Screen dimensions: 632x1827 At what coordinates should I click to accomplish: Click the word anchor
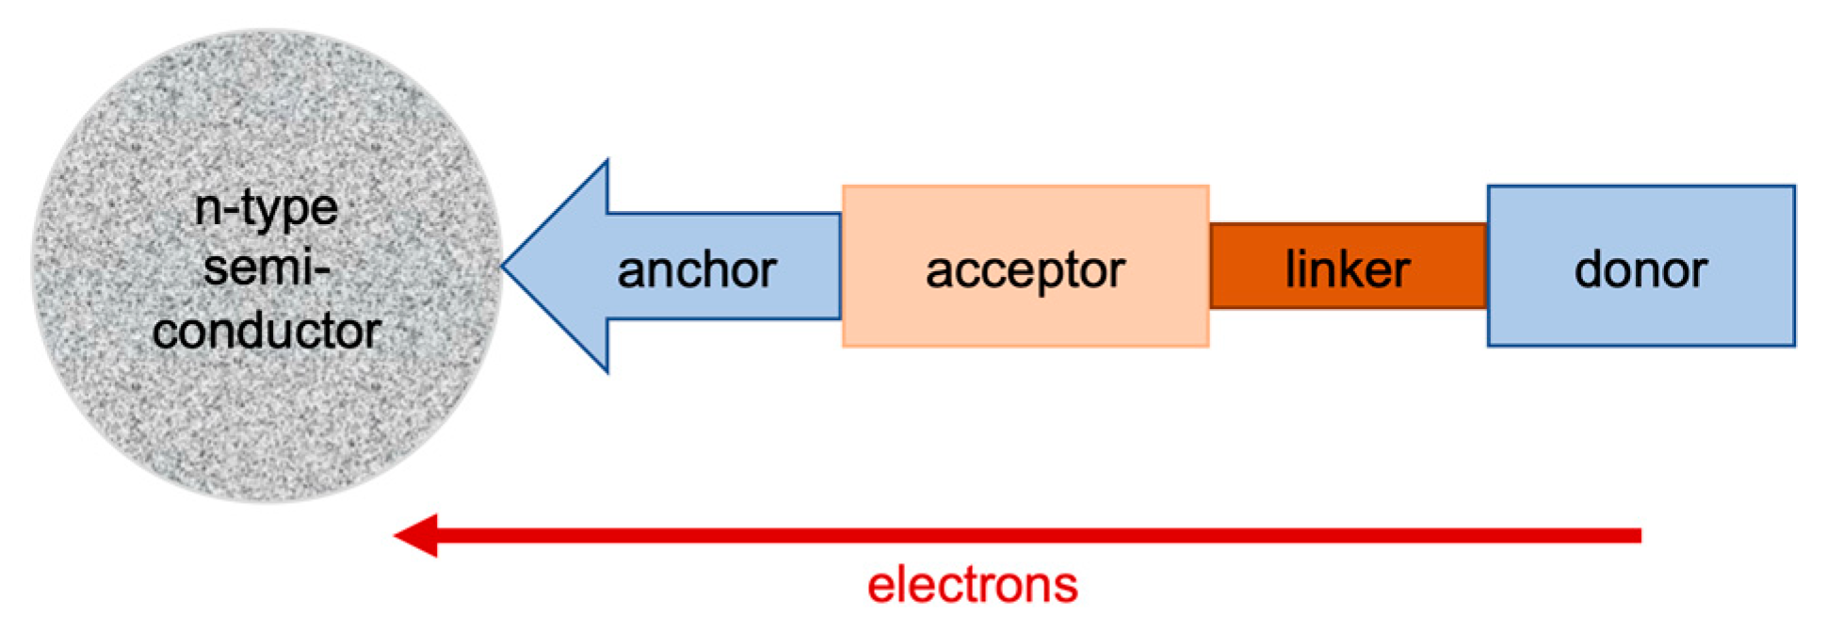click(697, 270)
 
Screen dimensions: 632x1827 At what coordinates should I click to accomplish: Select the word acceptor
click(1025, 271)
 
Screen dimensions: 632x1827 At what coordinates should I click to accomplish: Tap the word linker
click(1348, 269)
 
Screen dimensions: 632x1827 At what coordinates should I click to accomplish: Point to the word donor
click(1641, 270)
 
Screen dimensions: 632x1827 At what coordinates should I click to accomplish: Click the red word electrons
click(972, 585)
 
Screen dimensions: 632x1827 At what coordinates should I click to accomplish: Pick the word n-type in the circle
click(266, 208)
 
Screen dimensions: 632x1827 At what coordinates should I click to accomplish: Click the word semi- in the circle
click(266, 268)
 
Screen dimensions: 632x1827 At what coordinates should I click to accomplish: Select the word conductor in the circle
click(266, 331)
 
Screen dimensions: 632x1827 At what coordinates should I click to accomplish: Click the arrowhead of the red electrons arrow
click(414, 535)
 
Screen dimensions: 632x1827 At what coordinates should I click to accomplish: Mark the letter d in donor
click(1589, 269)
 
